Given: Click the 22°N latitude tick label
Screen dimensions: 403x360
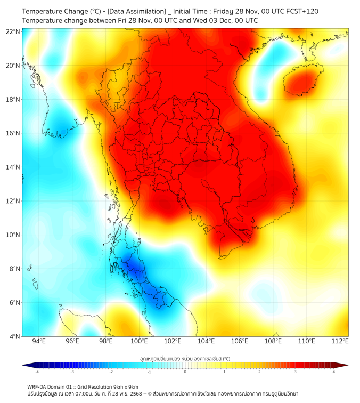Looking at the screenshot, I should (x=13, y=31).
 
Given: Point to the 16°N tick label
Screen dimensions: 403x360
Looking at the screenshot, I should (x=13, y=133).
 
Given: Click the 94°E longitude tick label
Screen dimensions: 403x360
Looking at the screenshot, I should (x=39, y=341).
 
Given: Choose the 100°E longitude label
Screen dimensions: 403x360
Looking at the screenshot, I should (x=140, y=341).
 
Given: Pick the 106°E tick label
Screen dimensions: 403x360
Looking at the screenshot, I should (x=240, y=341).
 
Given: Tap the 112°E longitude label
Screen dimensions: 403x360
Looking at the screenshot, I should (x=340, y=341).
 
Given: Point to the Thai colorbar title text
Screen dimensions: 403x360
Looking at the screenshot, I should (x=185, y=358).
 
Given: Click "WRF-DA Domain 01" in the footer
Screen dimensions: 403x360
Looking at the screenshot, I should (x=51, y=387).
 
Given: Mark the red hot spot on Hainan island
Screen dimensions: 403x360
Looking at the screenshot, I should (x=300, y=83).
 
